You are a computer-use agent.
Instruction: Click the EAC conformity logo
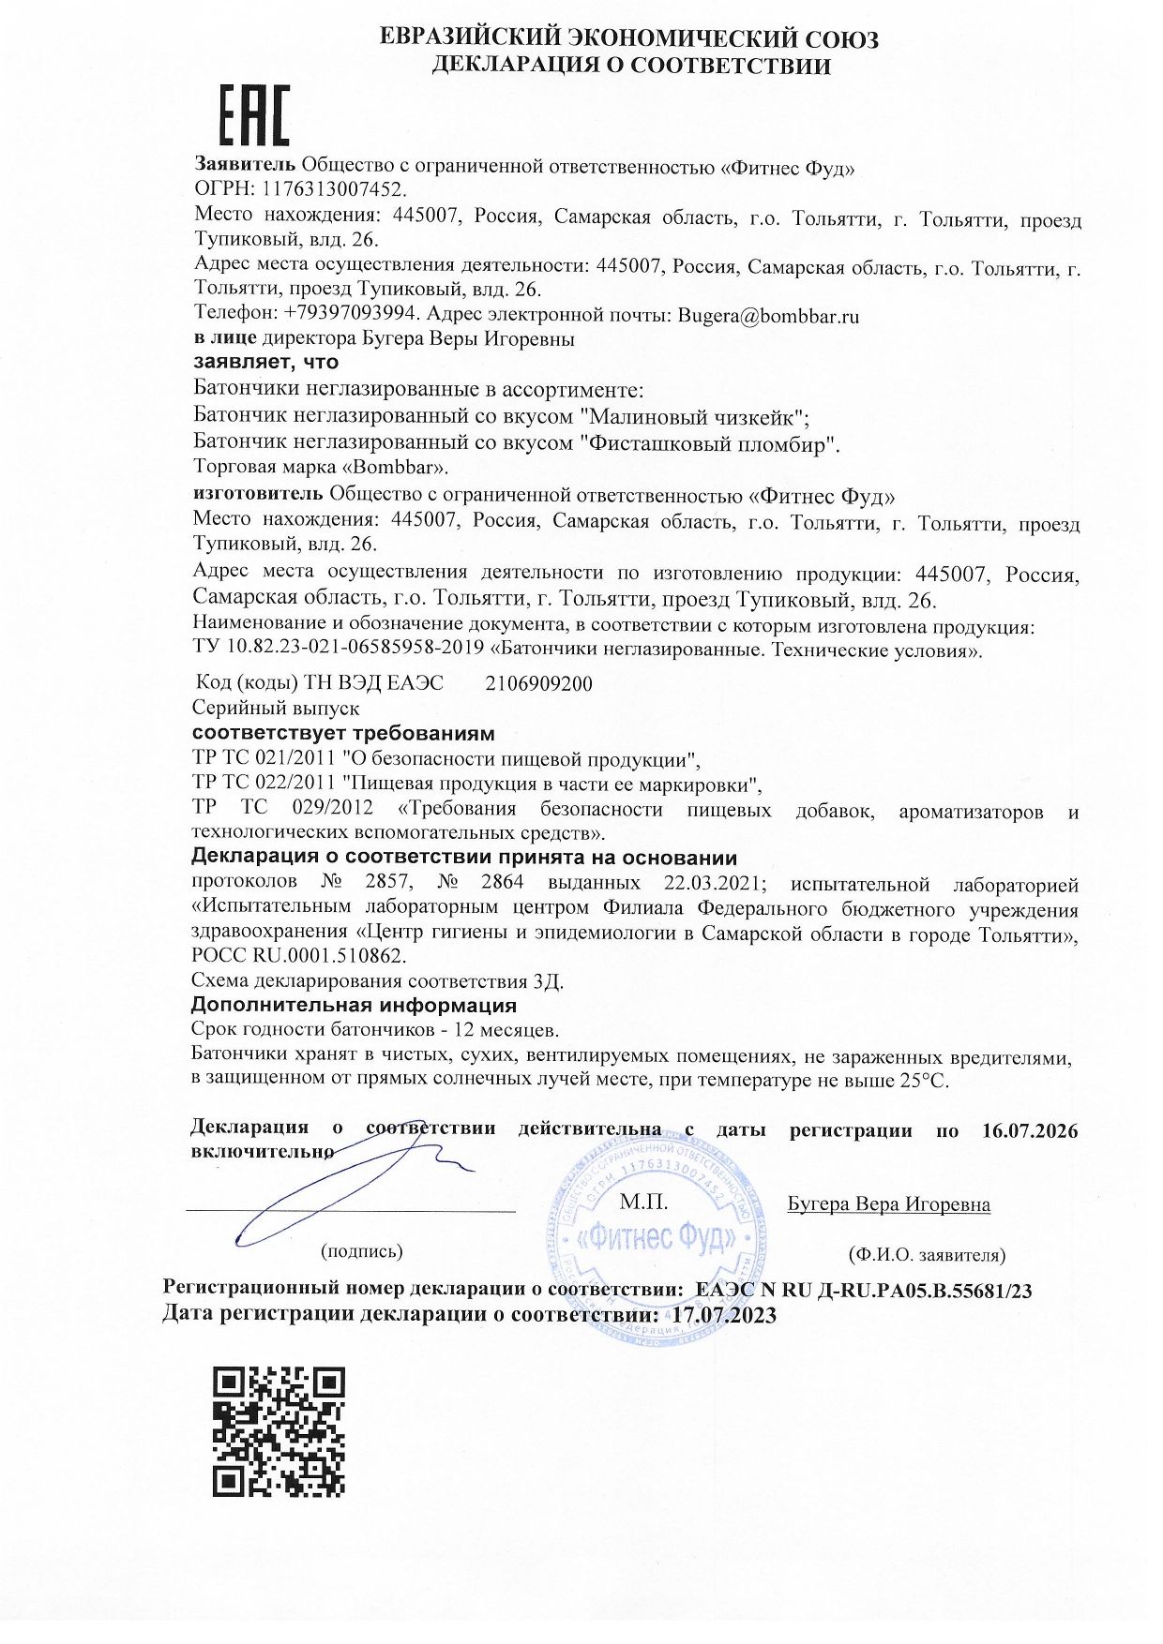pos(254,115)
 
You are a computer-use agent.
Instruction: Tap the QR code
pos(279,1430)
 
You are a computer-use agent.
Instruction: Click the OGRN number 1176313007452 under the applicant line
pos(336,189)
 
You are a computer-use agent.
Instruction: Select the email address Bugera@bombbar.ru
pos(768,316)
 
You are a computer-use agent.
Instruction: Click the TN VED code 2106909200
pos(538,683)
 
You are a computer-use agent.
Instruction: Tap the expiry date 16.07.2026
pos(1030,1129)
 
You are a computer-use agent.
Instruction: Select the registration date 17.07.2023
pos(724,1315)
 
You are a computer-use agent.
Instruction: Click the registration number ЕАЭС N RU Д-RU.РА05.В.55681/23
pos(864,1291)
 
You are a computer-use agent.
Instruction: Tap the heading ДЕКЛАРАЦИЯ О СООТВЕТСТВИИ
pos(630,65)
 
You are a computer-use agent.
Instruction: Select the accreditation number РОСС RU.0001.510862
pos(298,956)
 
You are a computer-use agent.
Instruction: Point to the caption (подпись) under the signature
pos(361,1251)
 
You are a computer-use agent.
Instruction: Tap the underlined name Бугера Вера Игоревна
pos(888,1204)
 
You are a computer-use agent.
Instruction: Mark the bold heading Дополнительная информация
pos(354,1005)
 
